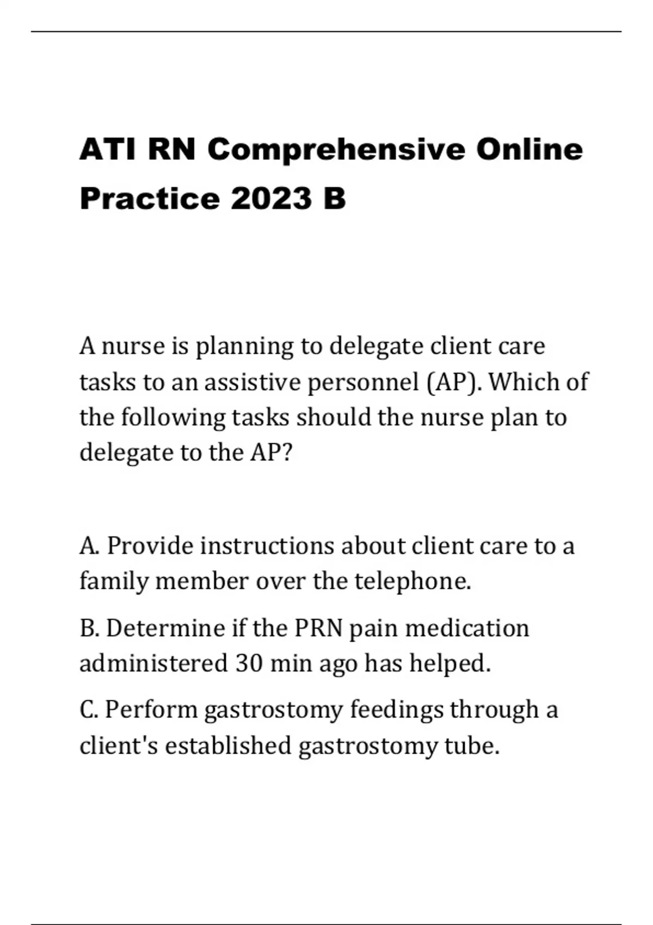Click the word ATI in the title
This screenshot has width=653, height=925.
click(108, 149)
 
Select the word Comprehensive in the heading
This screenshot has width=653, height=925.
click(336, 150)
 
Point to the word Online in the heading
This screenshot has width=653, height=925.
click(529, 149)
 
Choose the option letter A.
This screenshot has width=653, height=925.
click(89, 545)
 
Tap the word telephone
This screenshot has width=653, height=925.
click(412, 581)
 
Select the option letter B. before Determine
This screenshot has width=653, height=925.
click(89, 628)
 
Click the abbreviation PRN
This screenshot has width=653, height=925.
click(318, 628)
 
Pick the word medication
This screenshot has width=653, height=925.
click(467, 628)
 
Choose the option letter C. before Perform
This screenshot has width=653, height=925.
click(89, 710)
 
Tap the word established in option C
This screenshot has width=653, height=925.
click(228, 745)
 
